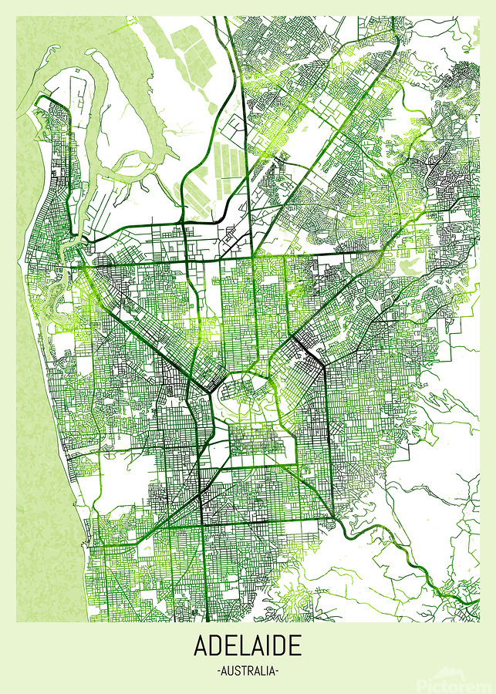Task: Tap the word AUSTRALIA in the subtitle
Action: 248,671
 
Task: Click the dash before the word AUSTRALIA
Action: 219,671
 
